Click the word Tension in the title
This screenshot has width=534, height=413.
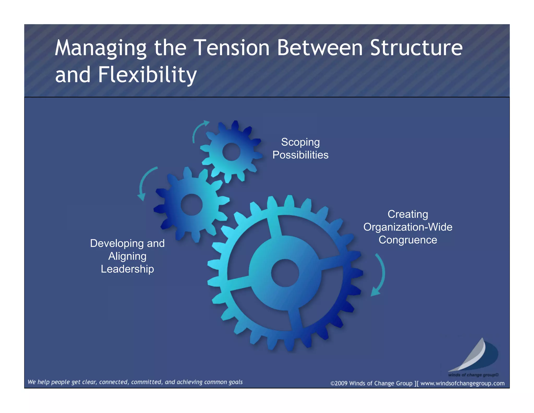click(x=232, y=48)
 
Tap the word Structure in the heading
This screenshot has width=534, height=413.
click(x=416, y=48)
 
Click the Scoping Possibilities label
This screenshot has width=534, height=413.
click(x=300, y=148)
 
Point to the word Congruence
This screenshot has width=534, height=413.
click(x=408, y=240)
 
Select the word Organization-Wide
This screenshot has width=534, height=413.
click(x=408, y=227)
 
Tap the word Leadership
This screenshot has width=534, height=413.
click(x=127, y=269)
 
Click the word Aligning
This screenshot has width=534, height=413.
click(x=127, y=256)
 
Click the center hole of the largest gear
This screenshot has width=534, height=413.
click(x=285, y=273)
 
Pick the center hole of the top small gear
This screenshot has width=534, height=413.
click(x=231, y=152)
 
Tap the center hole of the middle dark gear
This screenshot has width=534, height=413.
click(x=192, y=204)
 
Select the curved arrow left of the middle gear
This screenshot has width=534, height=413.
click(x=145, y=183)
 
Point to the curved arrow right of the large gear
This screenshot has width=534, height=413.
click(x=380, y=274)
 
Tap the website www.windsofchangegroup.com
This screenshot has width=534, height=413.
click(x=462, y=383)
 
